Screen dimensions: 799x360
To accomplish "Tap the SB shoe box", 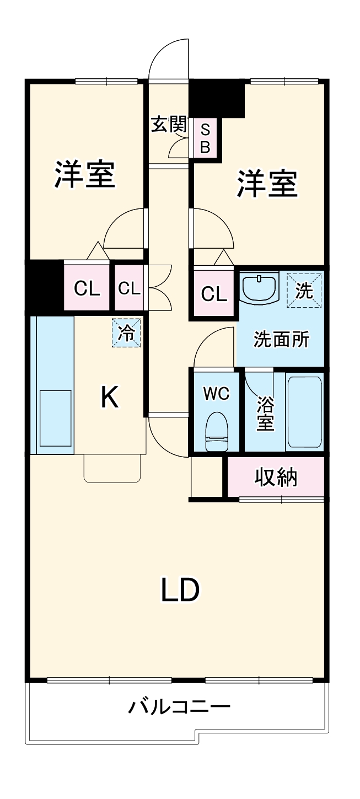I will click(205, 138).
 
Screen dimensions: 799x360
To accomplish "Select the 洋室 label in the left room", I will click(85, 174).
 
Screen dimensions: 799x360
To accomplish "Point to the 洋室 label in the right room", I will click(267, 184).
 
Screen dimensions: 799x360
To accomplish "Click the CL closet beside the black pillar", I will click(87, 288).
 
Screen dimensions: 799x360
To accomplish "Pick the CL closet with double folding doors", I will click(130, 288).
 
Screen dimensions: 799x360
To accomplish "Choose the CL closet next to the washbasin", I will click(214, 294).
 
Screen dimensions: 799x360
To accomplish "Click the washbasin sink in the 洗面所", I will click(260, 288).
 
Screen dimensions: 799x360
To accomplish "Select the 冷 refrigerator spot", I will click(127, 334).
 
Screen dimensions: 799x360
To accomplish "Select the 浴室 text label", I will click(266, 414).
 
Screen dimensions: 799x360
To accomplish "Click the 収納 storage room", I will click(276, 477).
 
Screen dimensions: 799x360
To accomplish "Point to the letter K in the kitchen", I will click(109, 397).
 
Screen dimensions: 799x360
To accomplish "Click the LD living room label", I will click(179, 590).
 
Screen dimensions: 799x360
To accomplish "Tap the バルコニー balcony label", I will click(179, 706).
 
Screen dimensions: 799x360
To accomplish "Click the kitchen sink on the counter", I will click(55, 417).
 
